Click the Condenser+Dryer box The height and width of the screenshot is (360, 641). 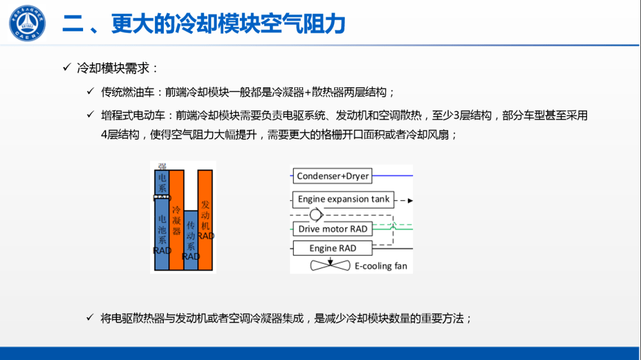click(x=333, y=176)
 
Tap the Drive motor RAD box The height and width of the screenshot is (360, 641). click(x=332, y=228)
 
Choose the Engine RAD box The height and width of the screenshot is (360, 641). click(x=332, y=248)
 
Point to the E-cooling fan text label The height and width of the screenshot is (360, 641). click(x=381, y=266)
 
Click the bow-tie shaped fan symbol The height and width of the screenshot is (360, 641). click(x=331, y=266)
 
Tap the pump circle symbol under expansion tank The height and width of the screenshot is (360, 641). click(x=316, y=214)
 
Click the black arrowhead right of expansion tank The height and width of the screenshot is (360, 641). click(x=410, y=200)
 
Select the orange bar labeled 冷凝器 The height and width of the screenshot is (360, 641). click(x=176, y=219)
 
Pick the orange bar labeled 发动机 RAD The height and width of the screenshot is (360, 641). click(x=205, y=219)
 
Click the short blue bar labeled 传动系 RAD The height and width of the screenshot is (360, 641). click(x=191, y=240)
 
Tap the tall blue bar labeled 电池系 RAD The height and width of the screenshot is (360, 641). click(x=161, y=234)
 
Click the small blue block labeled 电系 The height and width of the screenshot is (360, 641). click(x=161, y=183)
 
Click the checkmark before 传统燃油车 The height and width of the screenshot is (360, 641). click(x=90, y=91)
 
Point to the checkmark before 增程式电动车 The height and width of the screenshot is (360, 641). click(x=90, y=114)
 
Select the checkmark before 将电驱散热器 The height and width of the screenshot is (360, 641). click(x=90, y=317)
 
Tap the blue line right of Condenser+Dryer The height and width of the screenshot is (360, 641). click(x=392, y=176)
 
